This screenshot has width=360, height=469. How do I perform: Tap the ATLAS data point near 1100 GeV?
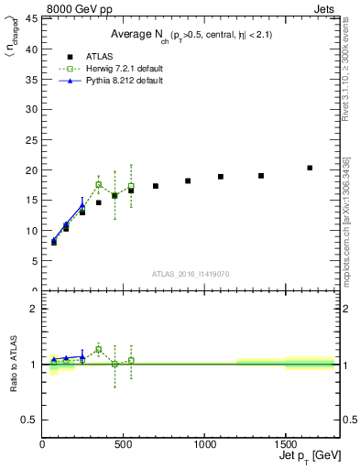coord(221,177)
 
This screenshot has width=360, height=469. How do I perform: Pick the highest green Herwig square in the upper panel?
coord(99,184)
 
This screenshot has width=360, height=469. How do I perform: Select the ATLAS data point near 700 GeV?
coord(156,186)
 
